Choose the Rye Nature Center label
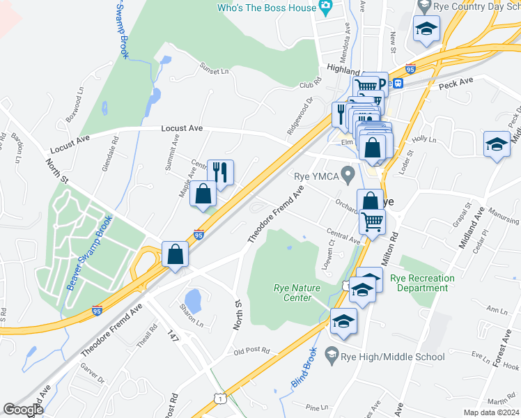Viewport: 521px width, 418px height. click(x=297, y=293)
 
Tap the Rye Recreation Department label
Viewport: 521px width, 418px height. click(x=422, y=283)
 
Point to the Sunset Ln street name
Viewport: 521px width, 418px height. click(x=215, y=71)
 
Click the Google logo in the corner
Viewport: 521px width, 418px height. click(x=24, y=410)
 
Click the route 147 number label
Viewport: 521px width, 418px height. click(x=174, y=336)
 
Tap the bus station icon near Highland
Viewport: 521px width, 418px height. click(x=398, y=84)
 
